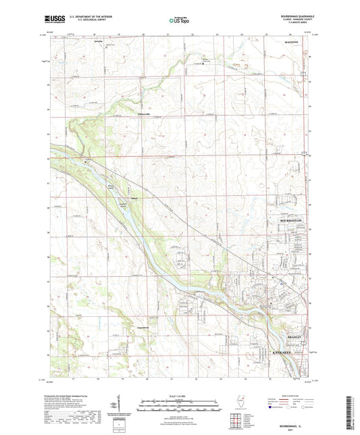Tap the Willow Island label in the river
pyautogui.click(x=111, y=186)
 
